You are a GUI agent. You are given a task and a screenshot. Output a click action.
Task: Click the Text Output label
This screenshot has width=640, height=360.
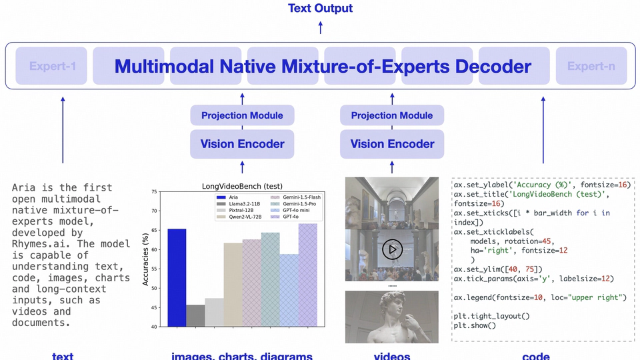[x=320, y=9]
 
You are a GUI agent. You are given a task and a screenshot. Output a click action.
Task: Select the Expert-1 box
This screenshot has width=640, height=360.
[x=52, y=66]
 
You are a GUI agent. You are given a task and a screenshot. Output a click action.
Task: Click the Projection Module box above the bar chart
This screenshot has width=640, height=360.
[x=242, y=115]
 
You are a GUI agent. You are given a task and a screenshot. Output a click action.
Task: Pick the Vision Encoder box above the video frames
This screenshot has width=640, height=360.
[x=392, y=144]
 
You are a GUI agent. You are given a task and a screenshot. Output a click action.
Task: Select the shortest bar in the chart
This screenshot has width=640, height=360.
[x=195, y=315]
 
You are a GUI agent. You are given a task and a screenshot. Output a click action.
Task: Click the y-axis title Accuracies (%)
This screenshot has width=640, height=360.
[x=146, y=259]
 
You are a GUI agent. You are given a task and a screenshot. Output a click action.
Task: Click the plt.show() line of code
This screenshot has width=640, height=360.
[x=475, y=325]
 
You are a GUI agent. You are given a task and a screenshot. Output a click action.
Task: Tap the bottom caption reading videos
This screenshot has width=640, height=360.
[x=392, y=356]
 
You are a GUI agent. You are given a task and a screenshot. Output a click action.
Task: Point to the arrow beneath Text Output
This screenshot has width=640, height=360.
[x=320, y=28]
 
